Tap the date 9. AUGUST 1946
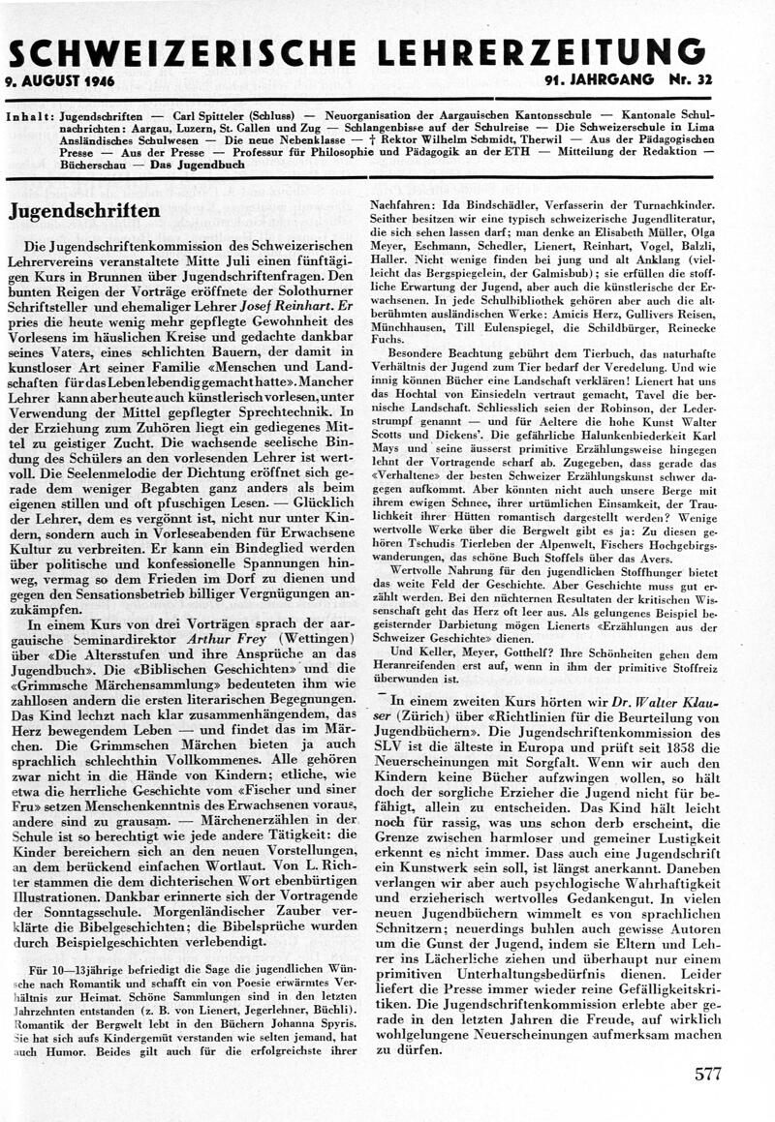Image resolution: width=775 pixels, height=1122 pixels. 60,81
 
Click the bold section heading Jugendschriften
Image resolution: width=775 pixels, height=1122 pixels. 84,211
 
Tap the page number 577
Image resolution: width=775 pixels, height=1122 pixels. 708,1074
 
